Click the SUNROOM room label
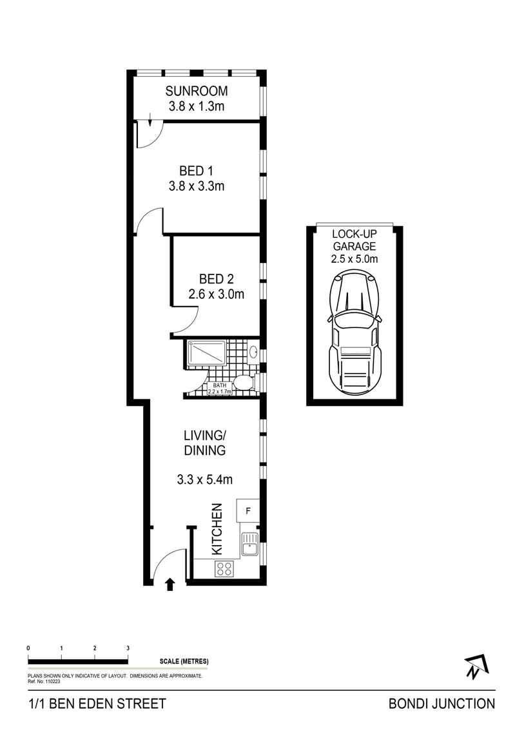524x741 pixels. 196,91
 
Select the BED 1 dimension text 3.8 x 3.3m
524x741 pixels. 196,187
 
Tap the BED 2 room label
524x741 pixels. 216,279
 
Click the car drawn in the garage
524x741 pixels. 355,331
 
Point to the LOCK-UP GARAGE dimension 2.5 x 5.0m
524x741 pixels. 354,259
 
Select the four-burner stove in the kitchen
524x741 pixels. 224,568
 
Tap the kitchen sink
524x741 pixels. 249,545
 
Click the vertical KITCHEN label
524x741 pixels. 217,530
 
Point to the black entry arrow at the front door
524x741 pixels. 170,584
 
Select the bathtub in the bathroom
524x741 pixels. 206,353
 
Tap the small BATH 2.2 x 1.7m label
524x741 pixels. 219,388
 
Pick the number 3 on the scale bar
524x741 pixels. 128,648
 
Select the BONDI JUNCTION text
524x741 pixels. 442,704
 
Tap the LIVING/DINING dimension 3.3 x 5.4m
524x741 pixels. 204,479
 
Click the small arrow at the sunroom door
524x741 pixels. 150,119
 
